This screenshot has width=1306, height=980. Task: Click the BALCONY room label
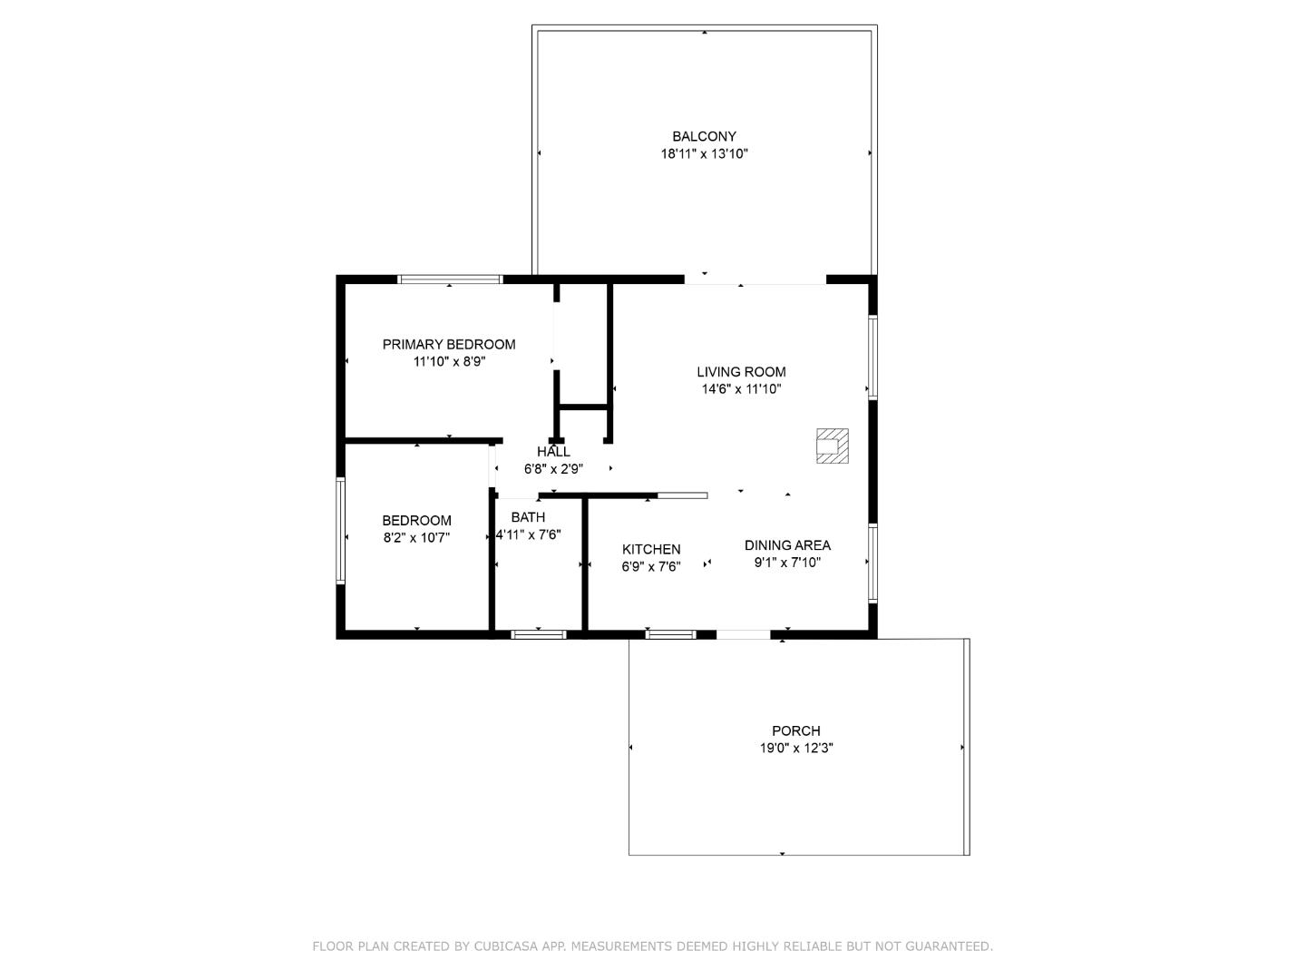click(704, 136)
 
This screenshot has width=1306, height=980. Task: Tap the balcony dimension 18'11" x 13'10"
click(704, 153)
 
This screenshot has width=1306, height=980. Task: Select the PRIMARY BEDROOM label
click(449, 344)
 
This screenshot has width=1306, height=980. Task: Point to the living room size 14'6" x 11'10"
click(741, 389)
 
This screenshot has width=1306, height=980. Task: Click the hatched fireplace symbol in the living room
click(832, 446)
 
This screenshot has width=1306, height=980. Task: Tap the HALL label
click(553, 452)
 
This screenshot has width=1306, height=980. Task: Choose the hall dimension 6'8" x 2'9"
click(553, 469)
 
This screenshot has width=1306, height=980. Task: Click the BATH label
click(528, 517)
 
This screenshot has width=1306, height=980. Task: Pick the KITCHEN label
click(651, 549)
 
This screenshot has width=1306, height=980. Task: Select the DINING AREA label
click(787, 545)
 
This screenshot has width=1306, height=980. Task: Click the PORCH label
click(796, 730)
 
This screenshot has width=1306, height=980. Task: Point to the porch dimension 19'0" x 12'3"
click(796, 748)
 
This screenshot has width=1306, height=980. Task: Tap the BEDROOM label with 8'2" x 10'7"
click(416, 521)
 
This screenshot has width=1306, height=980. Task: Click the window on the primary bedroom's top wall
click(450, 279)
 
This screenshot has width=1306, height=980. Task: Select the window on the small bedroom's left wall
click(340, 530)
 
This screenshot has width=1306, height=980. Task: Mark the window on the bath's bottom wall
click(538, 635)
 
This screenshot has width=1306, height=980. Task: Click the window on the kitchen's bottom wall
click(670, 635)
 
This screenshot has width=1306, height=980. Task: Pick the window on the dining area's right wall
click(872, 563)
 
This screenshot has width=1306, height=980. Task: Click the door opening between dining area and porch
click(743, 635)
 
